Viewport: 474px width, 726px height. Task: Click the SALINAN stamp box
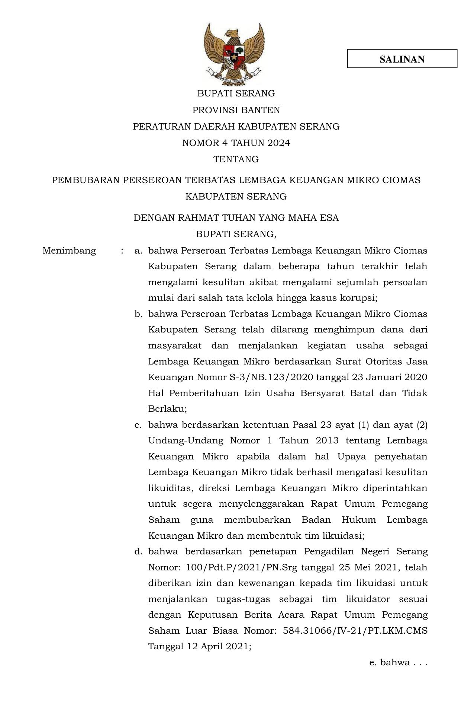point(402,59)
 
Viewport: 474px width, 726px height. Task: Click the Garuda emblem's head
point(233,34)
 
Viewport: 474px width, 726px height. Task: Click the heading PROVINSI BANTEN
point(236,110)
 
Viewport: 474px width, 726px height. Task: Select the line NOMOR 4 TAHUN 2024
point(236,143)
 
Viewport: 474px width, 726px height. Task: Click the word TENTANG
point(236,159)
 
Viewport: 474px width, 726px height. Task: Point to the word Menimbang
point(69,251)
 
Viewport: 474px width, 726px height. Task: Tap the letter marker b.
point(138,314)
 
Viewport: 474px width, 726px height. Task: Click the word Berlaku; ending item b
point(167,409)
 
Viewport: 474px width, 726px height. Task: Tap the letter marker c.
point(138,425)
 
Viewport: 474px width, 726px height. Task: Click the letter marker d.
point(138,551)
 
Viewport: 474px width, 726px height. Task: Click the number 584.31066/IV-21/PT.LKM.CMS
point(355,631)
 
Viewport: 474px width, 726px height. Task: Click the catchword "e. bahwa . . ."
point(398,662)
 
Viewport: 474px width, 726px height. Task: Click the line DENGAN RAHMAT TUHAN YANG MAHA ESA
point(236,218)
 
